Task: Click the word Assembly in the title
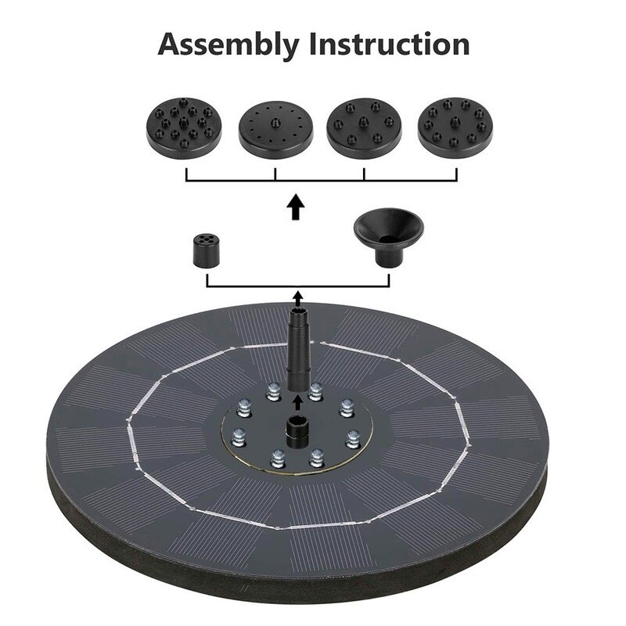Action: (228, 45)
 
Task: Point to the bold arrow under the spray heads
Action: (295, 208)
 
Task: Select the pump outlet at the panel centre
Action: (297, 430)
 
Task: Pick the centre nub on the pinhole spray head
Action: (275, 124)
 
